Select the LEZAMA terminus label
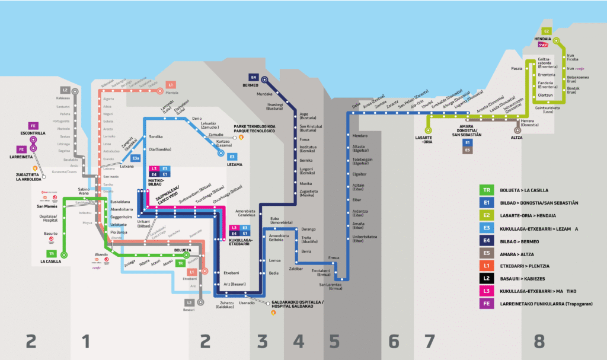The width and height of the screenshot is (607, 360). coord(235,164)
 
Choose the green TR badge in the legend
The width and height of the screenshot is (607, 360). coord(486,190)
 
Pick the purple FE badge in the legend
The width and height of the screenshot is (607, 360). coord(486,304)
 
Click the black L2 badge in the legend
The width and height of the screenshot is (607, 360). coord(486,278)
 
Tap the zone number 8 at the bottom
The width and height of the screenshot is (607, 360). coord(538,341)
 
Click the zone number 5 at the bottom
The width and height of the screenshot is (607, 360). coord(334,341)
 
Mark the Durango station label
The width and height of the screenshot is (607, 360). coord(309,228)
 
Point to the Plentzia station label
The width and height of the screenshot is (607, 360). coord(172,93)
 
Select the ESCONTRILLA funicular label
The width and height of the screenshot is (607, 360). coord(25,133)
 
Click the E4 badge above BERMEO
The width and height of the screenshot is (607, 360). coord(254,77)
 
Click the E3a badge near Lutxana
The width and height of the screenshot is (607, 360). coord(136,158)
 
